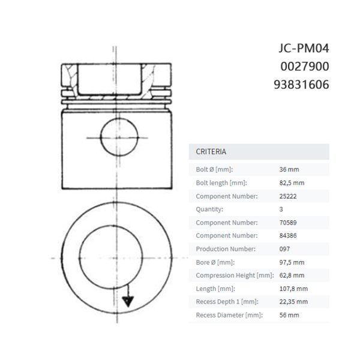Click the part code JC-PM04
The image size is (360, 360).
pyautogui.click(x=304, y=49)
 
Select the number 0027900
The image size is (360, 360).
pyautogui.click(x=305, y=67)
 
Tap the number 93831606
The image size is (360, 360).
pyautogui.click(x=301, y=85)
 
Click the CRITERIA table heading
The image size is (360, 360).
pyautogui.click(x=211, y=152)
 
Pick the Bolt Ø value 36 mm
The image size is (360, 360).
pyautogui.click(x=289, y=169)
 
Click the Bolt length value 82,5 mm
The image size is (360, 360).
pyautogui.click(x=292, y=183)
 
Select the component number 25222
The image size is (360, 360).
pyautogui.click(x=288, y=196)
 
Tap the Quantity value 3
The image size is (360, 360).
pyautogui.click(x=281, y=209)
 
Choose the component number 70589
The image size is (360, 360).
pyautogui.click(x=288, y=223)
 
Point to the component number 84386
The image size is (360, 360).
pyautogui.click(x=288, y=236)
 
